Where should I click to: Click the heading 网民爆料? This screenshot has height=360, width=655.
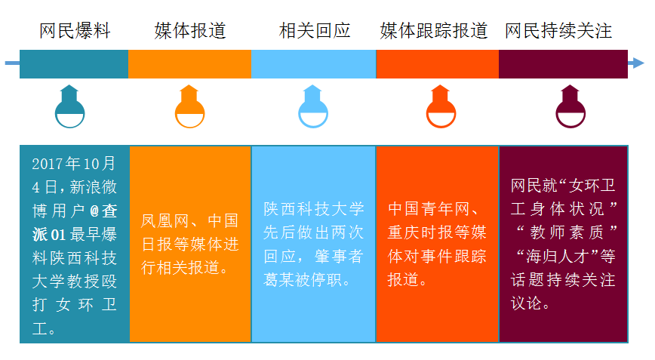click(x=75, y=31)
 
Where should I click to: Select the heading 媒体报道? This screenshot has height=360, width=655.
click(x=190, y=31)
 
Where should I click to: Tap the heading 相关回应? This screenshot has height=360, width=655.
click(x=315, y=31)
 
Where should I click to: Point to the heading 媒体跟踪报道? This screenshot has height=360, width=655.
click(x=434, y=31)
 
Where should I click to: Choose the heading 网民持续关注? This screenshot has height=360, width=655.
click(x=558, y=31)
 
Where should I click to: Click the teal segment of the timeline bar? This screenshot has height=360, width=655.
click(x=74, y=64)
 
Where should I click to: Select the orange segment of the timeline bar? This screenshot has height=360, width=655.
click(x=189, y=64)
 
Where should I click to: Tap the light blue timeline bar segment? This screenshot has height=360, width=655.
click(x=314, y=64)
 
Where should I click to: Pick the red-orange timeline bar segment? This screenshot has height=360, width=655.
click(x=438, y=64)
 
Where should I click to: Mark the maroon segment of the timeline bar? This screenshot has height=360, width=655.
click(x=563, y=64)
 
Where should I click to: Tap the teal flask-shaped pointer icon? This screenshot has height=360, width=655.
click(x=69, y=106)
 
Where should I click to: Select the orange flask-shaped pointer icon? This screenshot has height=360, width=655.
click(x=189, y=106)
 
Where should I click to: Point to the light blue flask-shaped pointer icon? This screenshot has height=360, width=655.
click(x=313, y=106)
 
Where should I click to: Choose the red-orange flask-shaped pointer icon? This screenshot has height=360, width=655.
click(x=441, y=106)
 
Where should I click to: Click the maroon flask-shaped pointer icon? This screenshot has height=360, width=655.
click(x=570, y=106)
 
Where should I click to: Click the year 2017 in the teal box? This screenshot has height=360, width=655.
click(x=48, y=164)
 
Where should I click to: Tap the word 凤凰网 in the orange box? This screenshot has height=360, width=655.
click(x=165, y=221)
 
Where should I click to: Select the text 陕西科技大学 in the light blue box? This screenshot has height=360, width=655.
click(x=314, y=209)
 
